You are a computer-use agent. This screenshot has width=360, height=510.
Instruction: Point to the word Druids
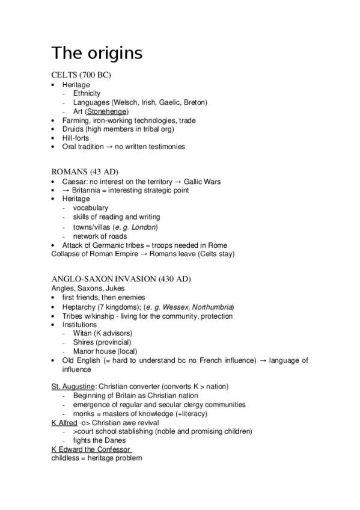pyautogui.click(x=73, y=129)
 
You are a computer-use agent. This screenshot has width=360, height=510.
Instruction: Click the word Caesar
pyautogui.click(x=75, y=181)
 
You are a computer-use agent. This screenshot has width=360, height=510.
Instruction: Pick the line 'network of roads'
pyautogui.click(x=100, y=236)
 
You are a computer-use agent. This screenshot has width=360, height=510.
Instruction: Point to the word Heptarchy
pyautogui.click(x=79, y=307)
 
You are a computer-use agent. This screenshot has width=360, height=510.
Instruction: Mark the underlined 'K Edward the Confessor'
pyautogui.click(x=91, y=449)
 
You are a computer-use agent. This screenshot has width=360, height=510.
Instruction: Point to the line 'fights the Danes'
pyautogui.click(x=99, y=440)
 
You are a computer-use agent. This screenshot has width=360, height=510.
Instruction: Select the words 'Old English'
pyautogui.click(x=81, y=360)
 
